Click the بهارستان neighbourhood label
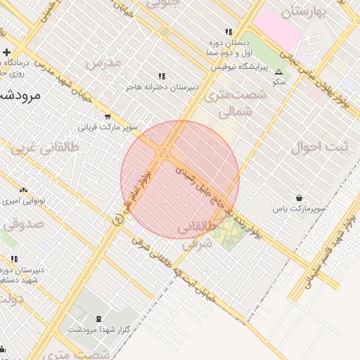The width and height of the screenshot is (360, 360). tap(305, 11)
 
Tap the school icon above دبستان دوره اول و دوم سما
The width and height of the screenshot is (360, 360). tap(229, 32)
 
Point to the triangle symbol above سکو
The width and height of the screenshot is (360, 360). tap(279, 72)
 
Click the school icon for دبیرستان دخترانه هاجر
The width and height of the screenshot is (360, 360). tap(162, 76)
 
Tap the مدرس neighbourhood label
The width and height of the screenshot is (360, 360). tap(103, 63)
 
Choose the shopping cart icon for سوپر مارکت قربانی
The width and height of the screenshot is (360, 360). tap(108, 117)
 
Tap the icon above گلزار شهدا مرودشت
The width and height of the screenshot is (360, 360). tap(98, 318)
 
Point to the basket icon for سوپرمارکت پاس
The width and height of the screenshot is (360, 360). tap(300, 198)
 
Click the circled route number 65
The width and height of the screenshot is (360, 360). tap(117, 220)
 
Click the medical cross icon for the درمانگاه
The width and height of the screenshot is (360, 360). tap(6, 52)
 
